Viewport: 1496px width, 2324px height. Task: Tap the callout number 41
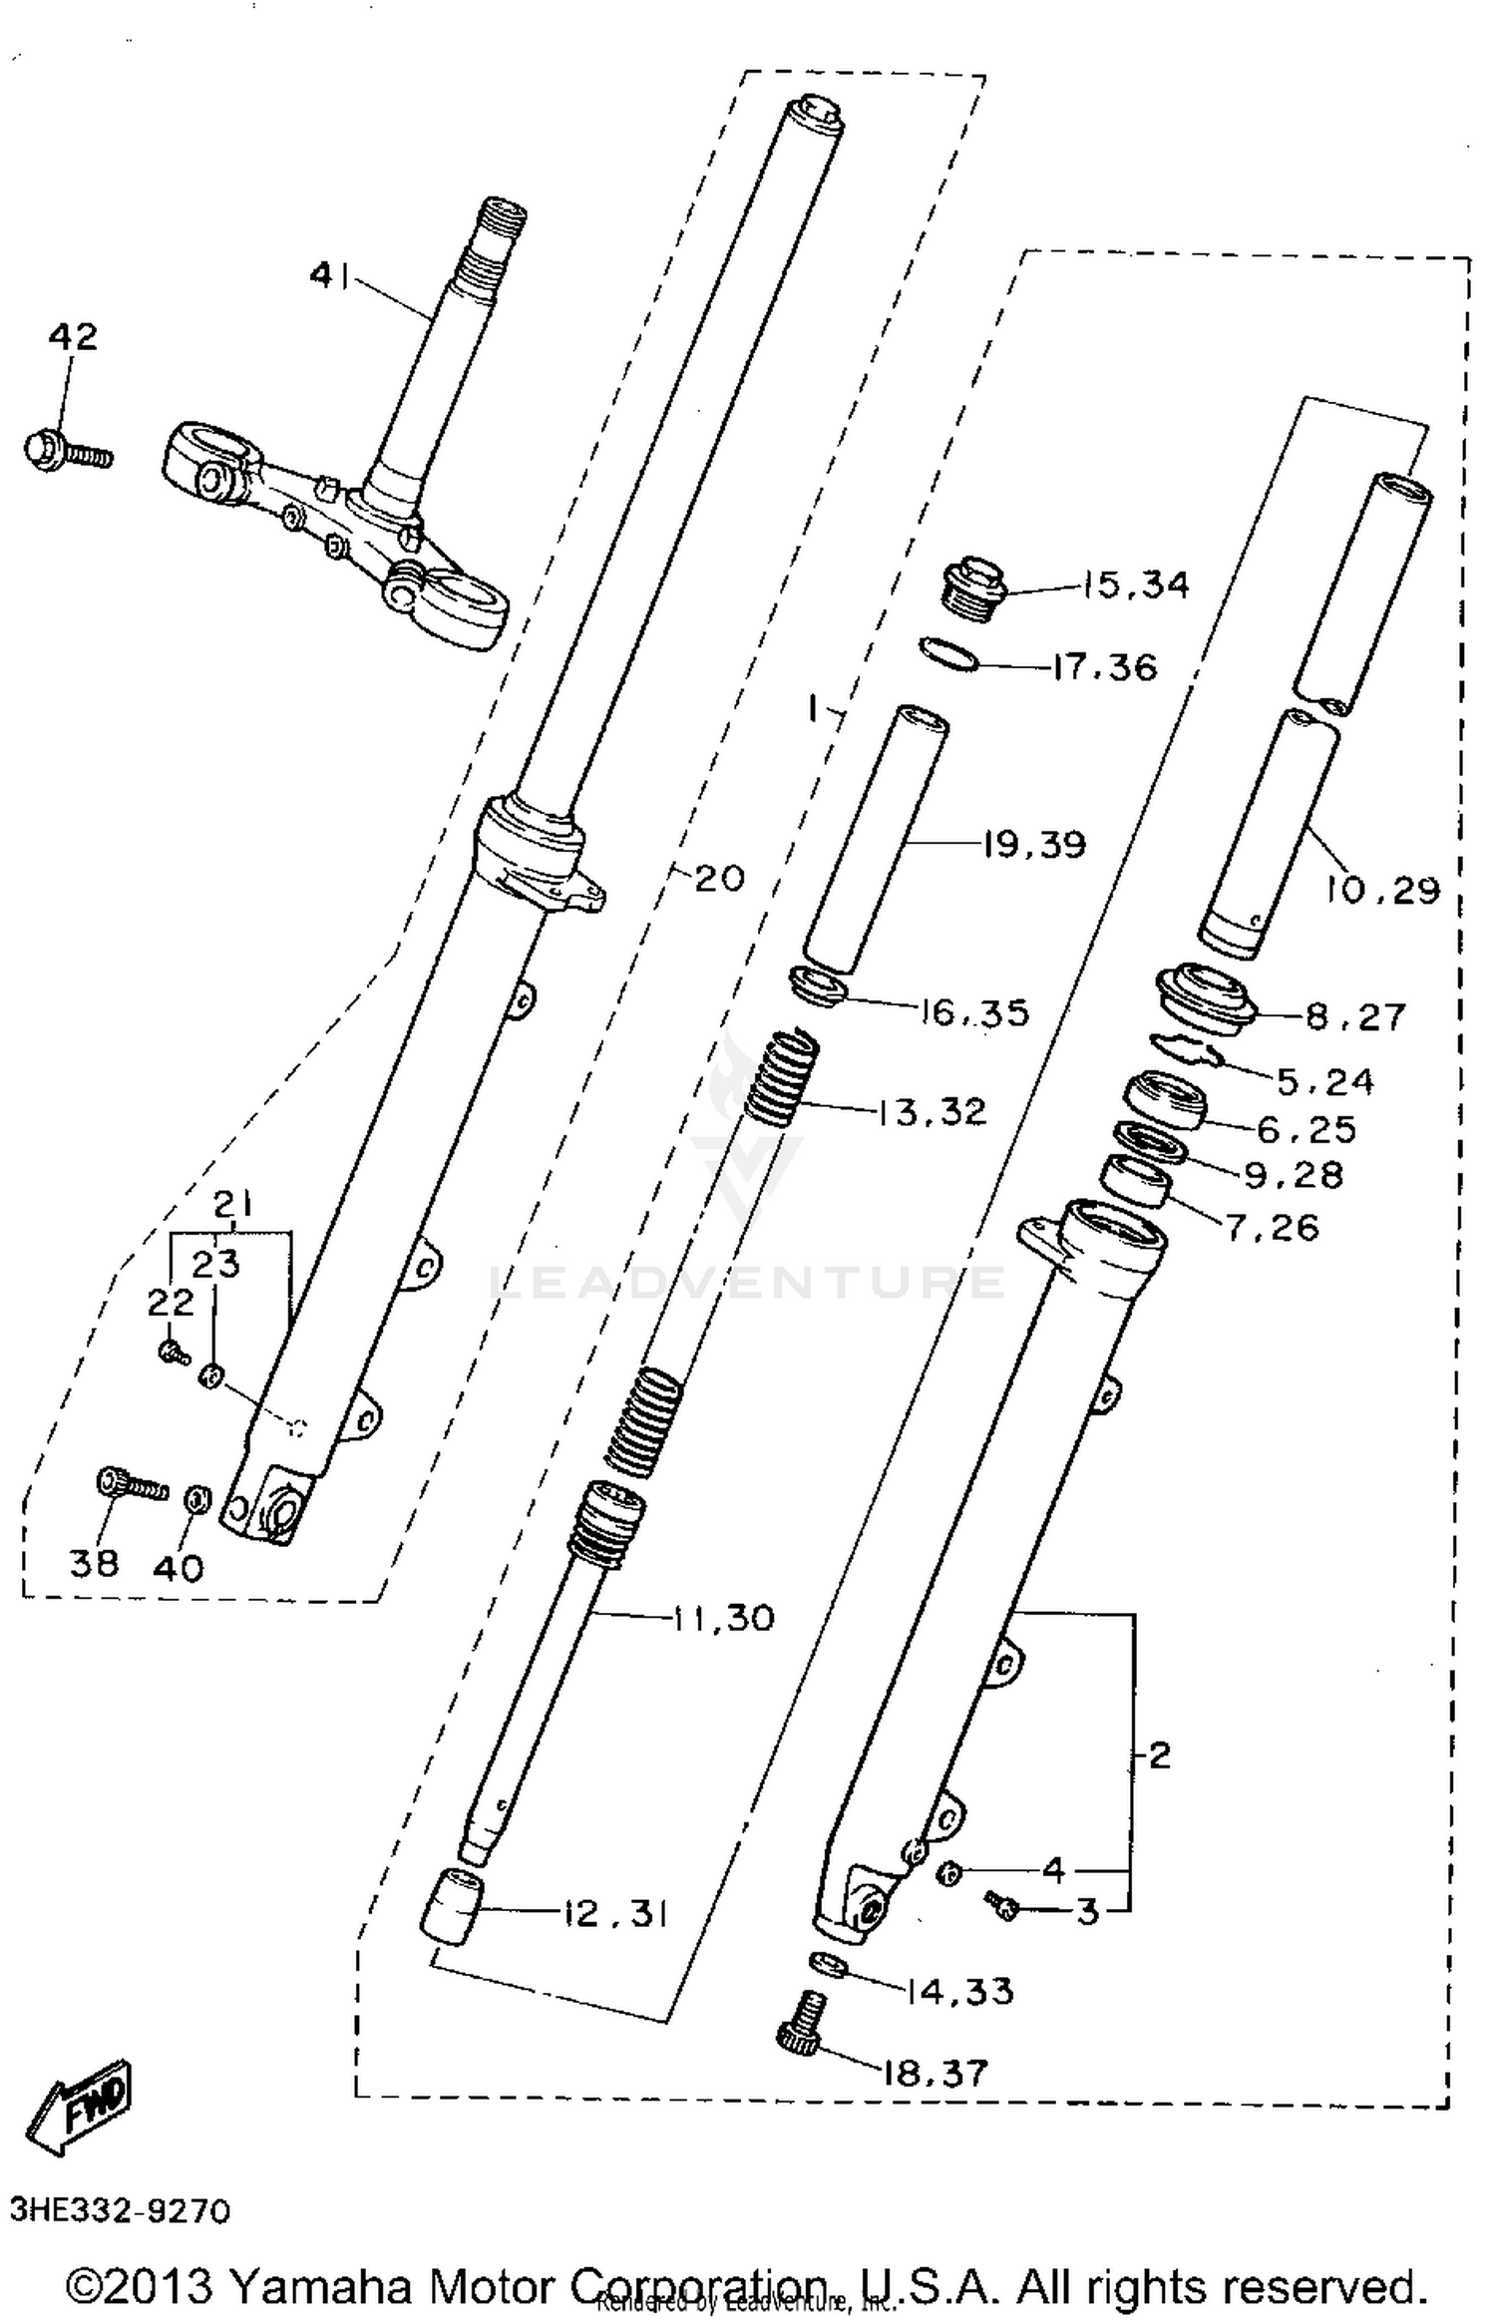(330, 274)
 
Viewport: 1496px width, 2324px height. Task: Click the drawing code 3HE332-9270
(120, 2211)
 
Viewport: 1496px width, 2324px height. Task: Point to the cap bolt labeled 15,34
(973, 589)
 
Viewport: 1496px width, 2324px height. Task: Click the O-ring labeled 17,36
(947, 655)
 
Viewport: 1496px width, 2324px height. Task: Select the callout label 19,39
(1033, 845)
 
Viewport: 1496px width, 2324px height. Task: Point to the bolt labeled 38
(131, 1487)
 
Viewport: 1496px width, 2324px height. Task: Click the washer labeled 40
(196, 1497)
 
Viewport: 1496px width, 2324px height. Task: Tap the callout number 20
(719, 879)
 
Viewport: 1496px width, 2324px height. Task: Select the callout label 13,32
(933, 1111)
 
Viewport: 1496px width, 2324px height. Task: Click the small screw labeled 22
(173, 1353)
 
